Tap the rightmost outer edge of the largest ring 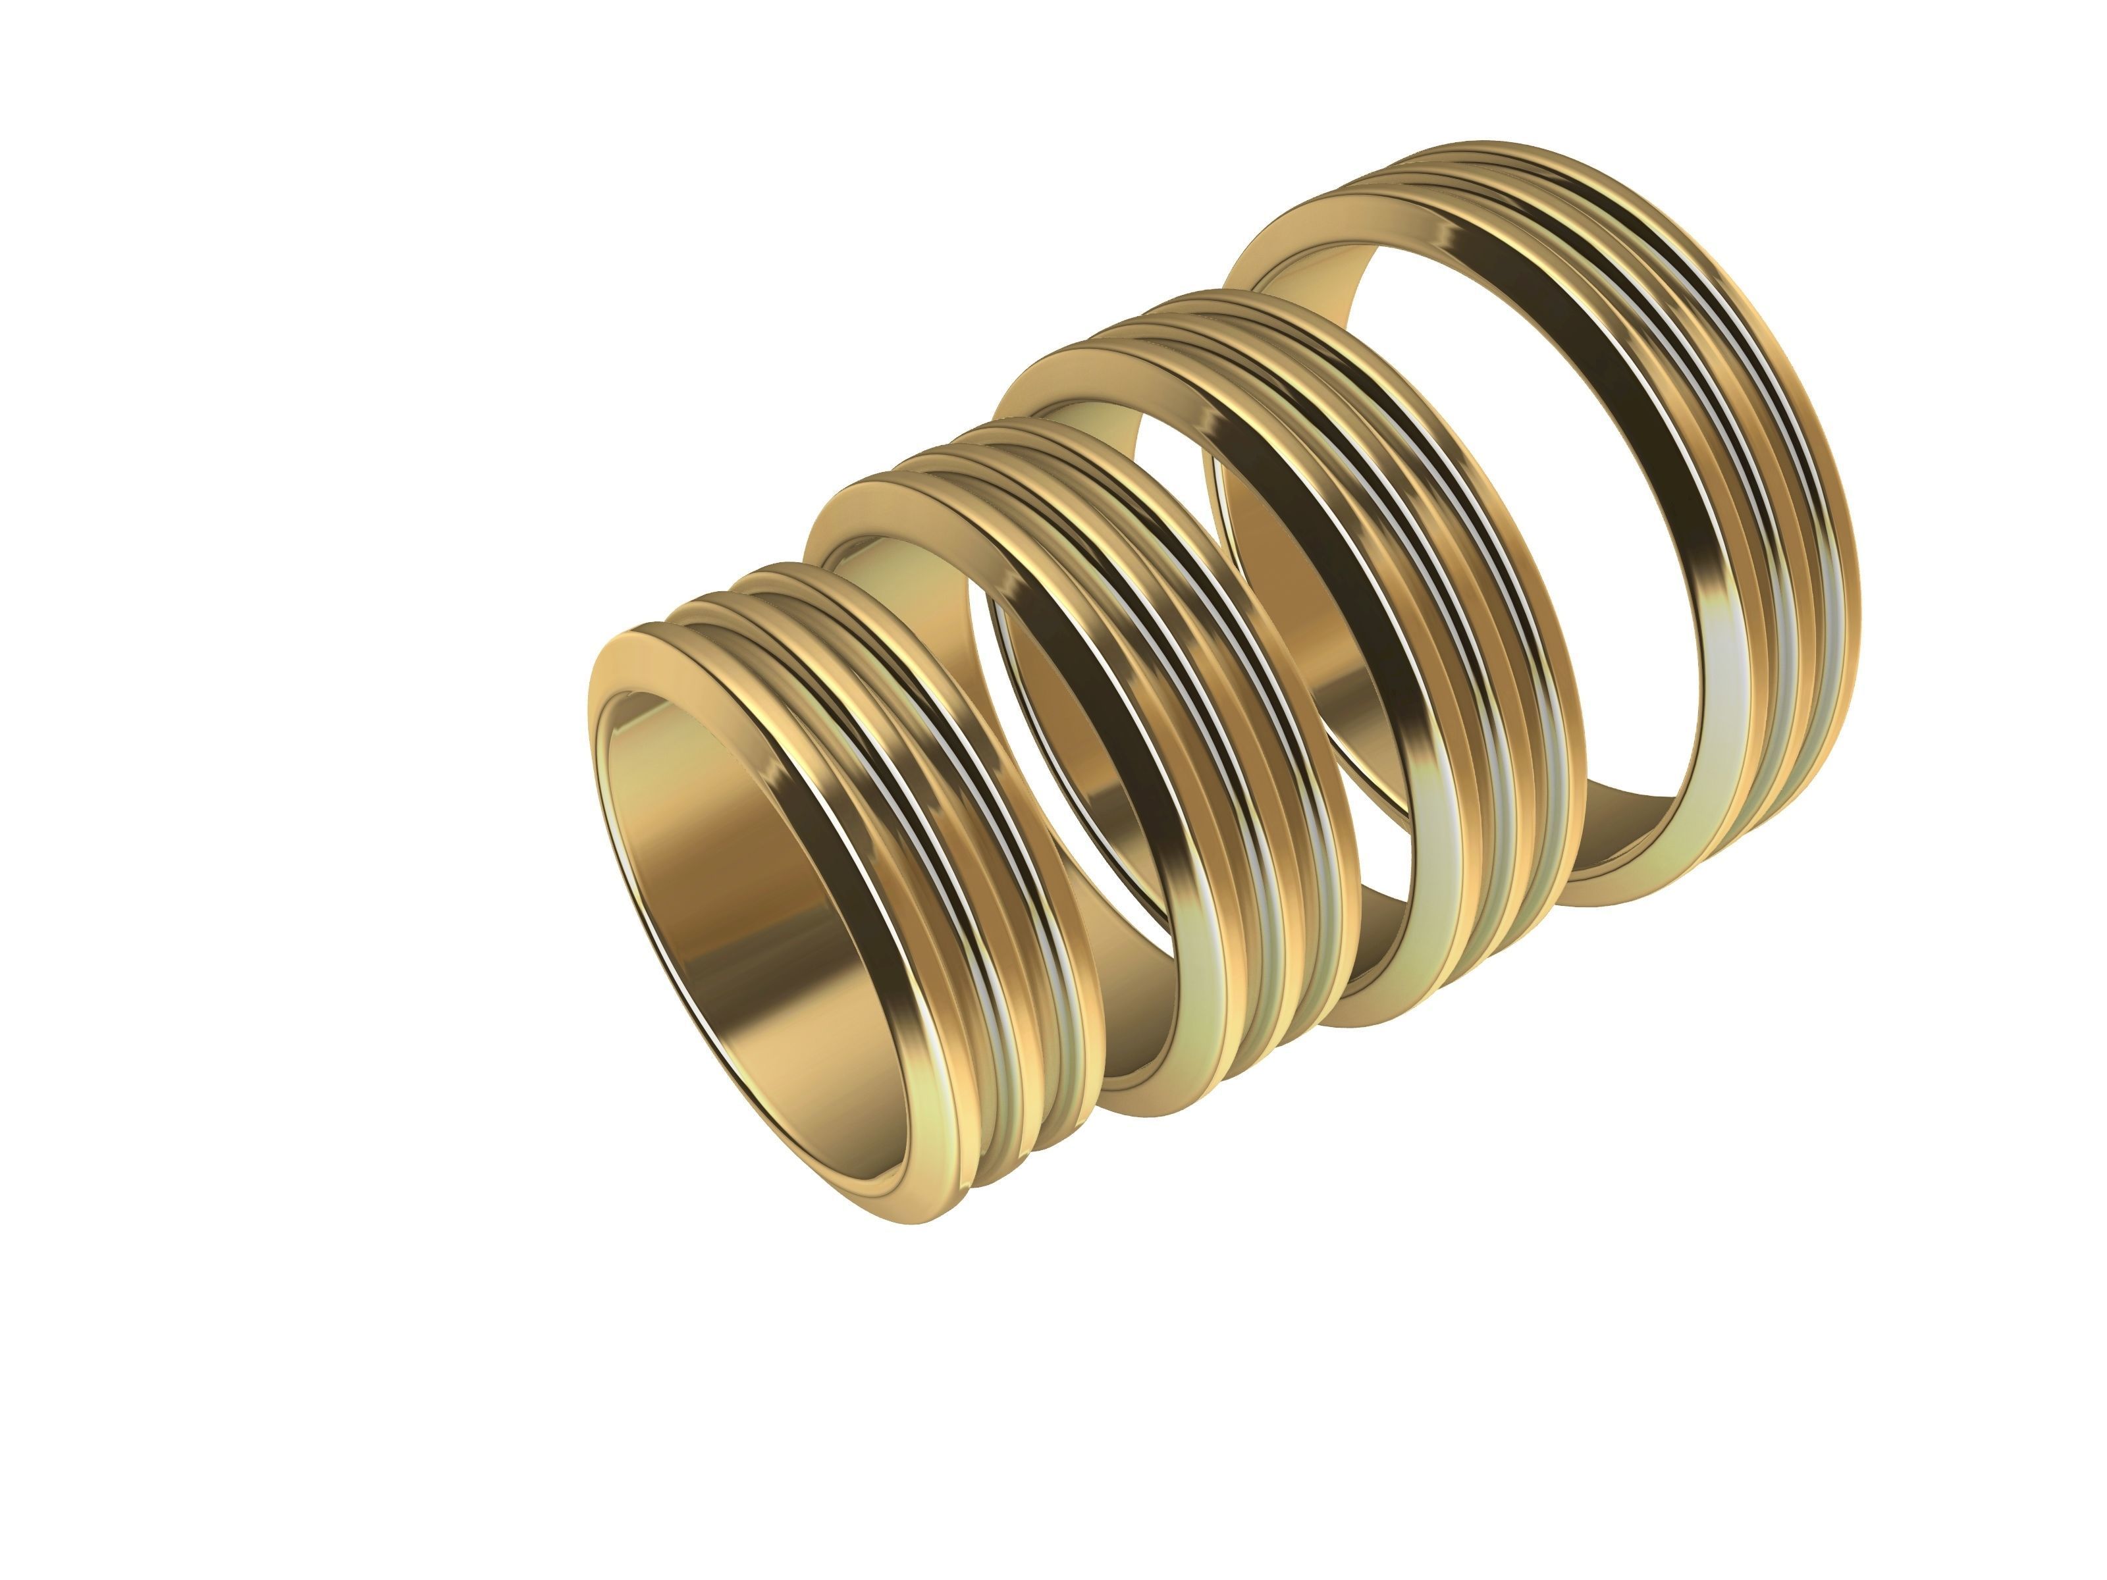click(1858, 571)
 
